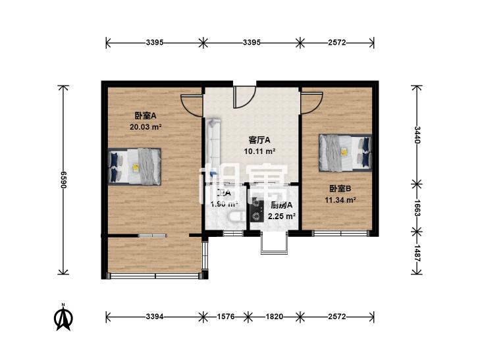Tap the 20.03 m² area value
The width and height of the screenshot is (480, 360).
[146, 127]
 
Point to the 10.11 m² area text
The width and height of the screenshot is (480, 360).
[259, 151]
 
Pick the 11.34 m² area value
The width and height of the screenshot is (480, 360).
[340, 201]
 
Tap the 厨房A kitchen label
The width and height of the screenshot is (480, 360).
[282, 205]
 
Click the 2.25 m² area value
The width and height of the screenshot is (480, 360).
[282, 215]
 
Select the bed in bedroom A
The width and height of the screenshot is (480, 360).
[135, 165]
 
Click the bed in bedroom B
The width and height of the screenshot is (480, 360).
[344, 151]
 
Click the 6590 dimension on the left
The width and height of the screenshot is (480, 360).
[64, 180]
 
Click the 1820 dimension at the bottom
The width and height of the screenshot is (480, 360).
[275, 317]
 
